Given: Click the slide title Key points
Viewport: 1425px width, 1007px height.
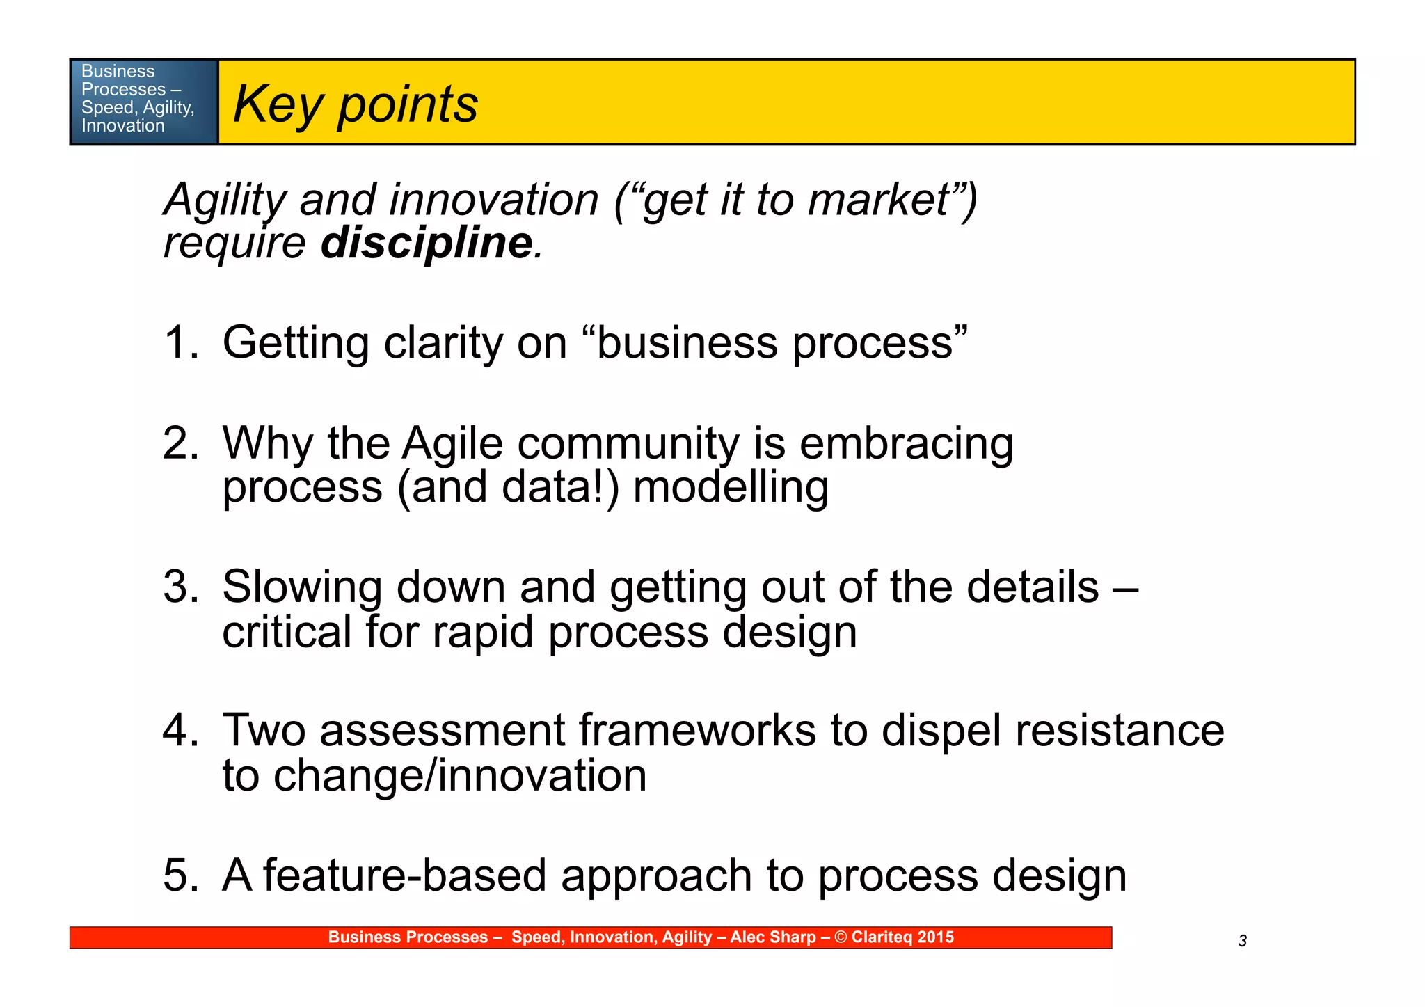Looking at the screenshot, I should (x=355, y=104).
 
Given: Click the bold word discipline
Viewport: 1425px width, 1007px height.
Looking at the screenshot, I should (x=427, y=243).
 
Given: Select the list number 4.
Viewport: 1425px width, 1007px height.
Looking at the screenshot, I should (x=180, y=730).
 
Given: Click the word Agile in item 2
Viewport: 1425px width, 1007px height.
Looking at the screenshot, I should (x=452, y=443).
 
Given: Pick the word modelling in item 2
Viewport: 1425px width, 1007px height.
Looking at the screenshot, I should (x=731, y=486).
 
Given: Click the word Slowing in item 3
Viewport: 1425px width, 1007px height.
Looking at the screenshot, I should (x=302, y=587).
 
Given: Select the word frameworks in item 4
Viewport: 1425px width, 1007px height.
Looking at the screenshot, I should (x=697, y=730).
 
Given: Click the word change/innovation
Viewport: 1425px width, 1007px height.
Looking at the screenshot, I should (x=460, y=775).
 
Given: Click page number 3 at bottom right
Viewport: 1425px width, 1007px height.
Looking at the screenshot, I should (x=1242, y=942).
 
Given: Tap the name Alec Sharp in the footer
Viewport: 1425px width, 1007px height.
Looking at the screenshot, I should (x=772, y=937).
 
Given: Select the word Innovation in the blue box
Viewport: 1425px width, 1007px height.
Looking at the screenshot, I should (x=122, y=126).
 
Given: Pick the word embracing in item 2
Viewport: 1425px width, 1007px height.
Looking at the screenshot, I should (x=906, y=443).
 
